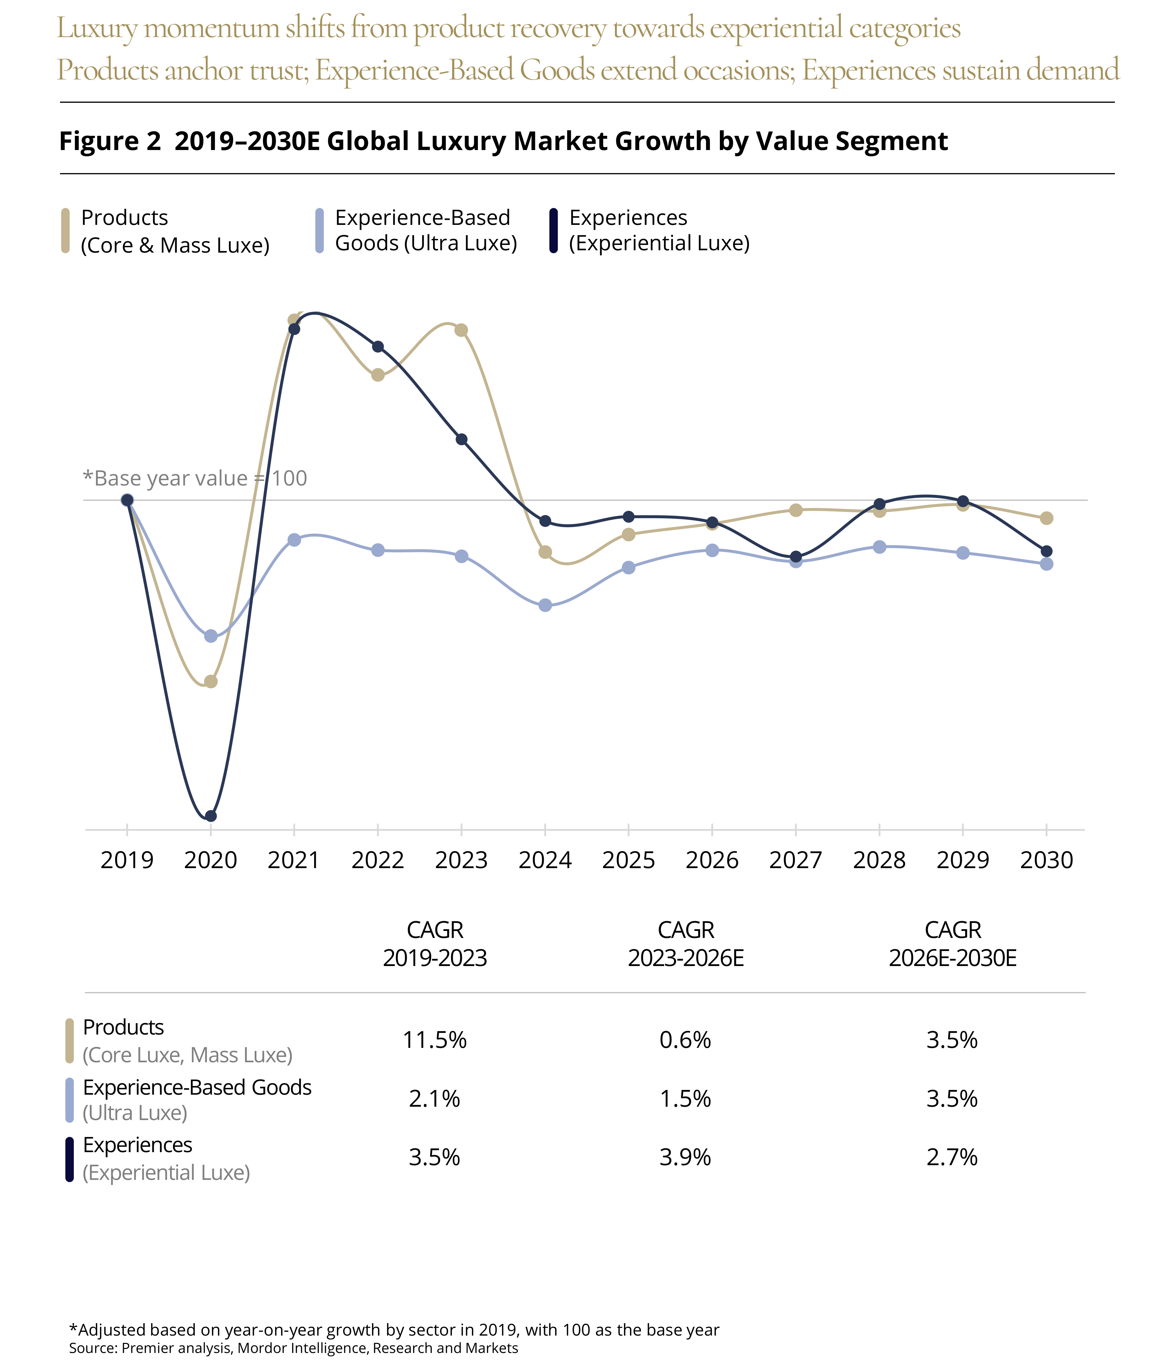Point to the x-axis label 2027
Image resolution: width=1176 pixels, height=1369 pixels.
795,860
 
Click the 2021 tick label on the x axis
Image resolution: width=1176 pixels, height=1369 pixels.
294,860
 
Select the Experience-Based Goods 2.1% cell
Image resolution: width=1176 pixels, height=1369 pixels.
435,1099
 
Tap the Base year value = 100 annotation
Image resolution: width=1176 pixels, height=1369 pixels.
195,478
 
